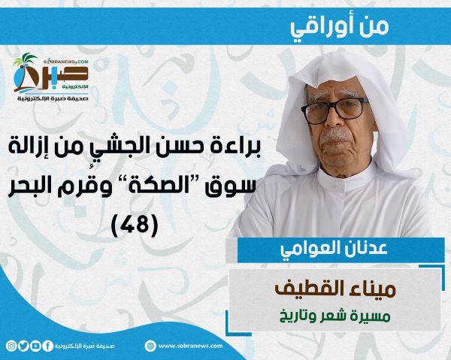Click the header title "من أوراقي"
pyautogui.click(x=340, y=26)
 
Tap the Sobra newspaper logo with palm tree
pyautogui.click(x=50, y=77)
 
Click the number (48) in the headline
pyautogui.click(x=135, y=224)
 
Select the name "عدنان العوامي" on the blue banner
pyautogui.click(x=334, y=249)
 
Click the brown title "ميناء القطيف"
pyautogui.click(x=335, y=289)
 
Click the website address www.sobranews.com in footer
pyautogui.click(x=190, y=346)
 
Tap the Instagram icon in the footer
pyautogui.click(x=11, y=346)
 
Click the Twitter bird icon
pyautogui.click(x=23, y=346)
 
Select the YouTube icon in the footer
pyautogui.click(x=35, y=346)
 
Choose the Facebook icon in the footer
pyautogui.click(x=48, y=346)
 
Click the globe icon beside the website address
pyautogui.click(x=150, y=346)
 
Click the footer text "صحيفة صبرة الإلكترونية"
pyautogui.click(x=84, y=346)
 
